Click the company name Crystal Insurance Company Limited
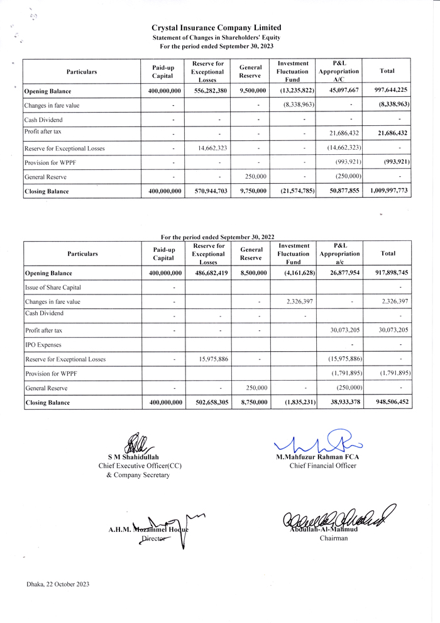click(216, 28)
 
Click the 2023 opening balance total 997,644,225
click(390, 91)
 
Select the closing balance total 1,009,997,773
click(389, 191)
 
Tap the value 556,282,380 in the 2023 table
click(207, 91)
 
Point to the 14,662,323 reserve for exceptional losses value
click(207, 149)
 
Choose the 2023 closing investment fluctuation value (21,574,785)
click(294, 191)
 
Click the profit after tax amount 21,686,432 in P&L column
click(343, 133)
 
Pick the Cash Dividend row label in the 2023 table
click(43, 120)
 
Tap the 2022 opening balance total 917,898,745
click(390, 273)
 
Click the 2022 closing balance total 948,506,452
click(390, 402)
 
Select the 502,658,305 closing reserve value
click(207, 402)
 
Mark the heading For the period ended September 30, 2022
click(217, 237)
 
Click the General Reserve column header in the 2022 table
click(251, 253)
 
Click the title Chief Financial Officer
click(322, 466)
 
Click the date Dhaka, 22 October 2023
click(58, 584)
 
